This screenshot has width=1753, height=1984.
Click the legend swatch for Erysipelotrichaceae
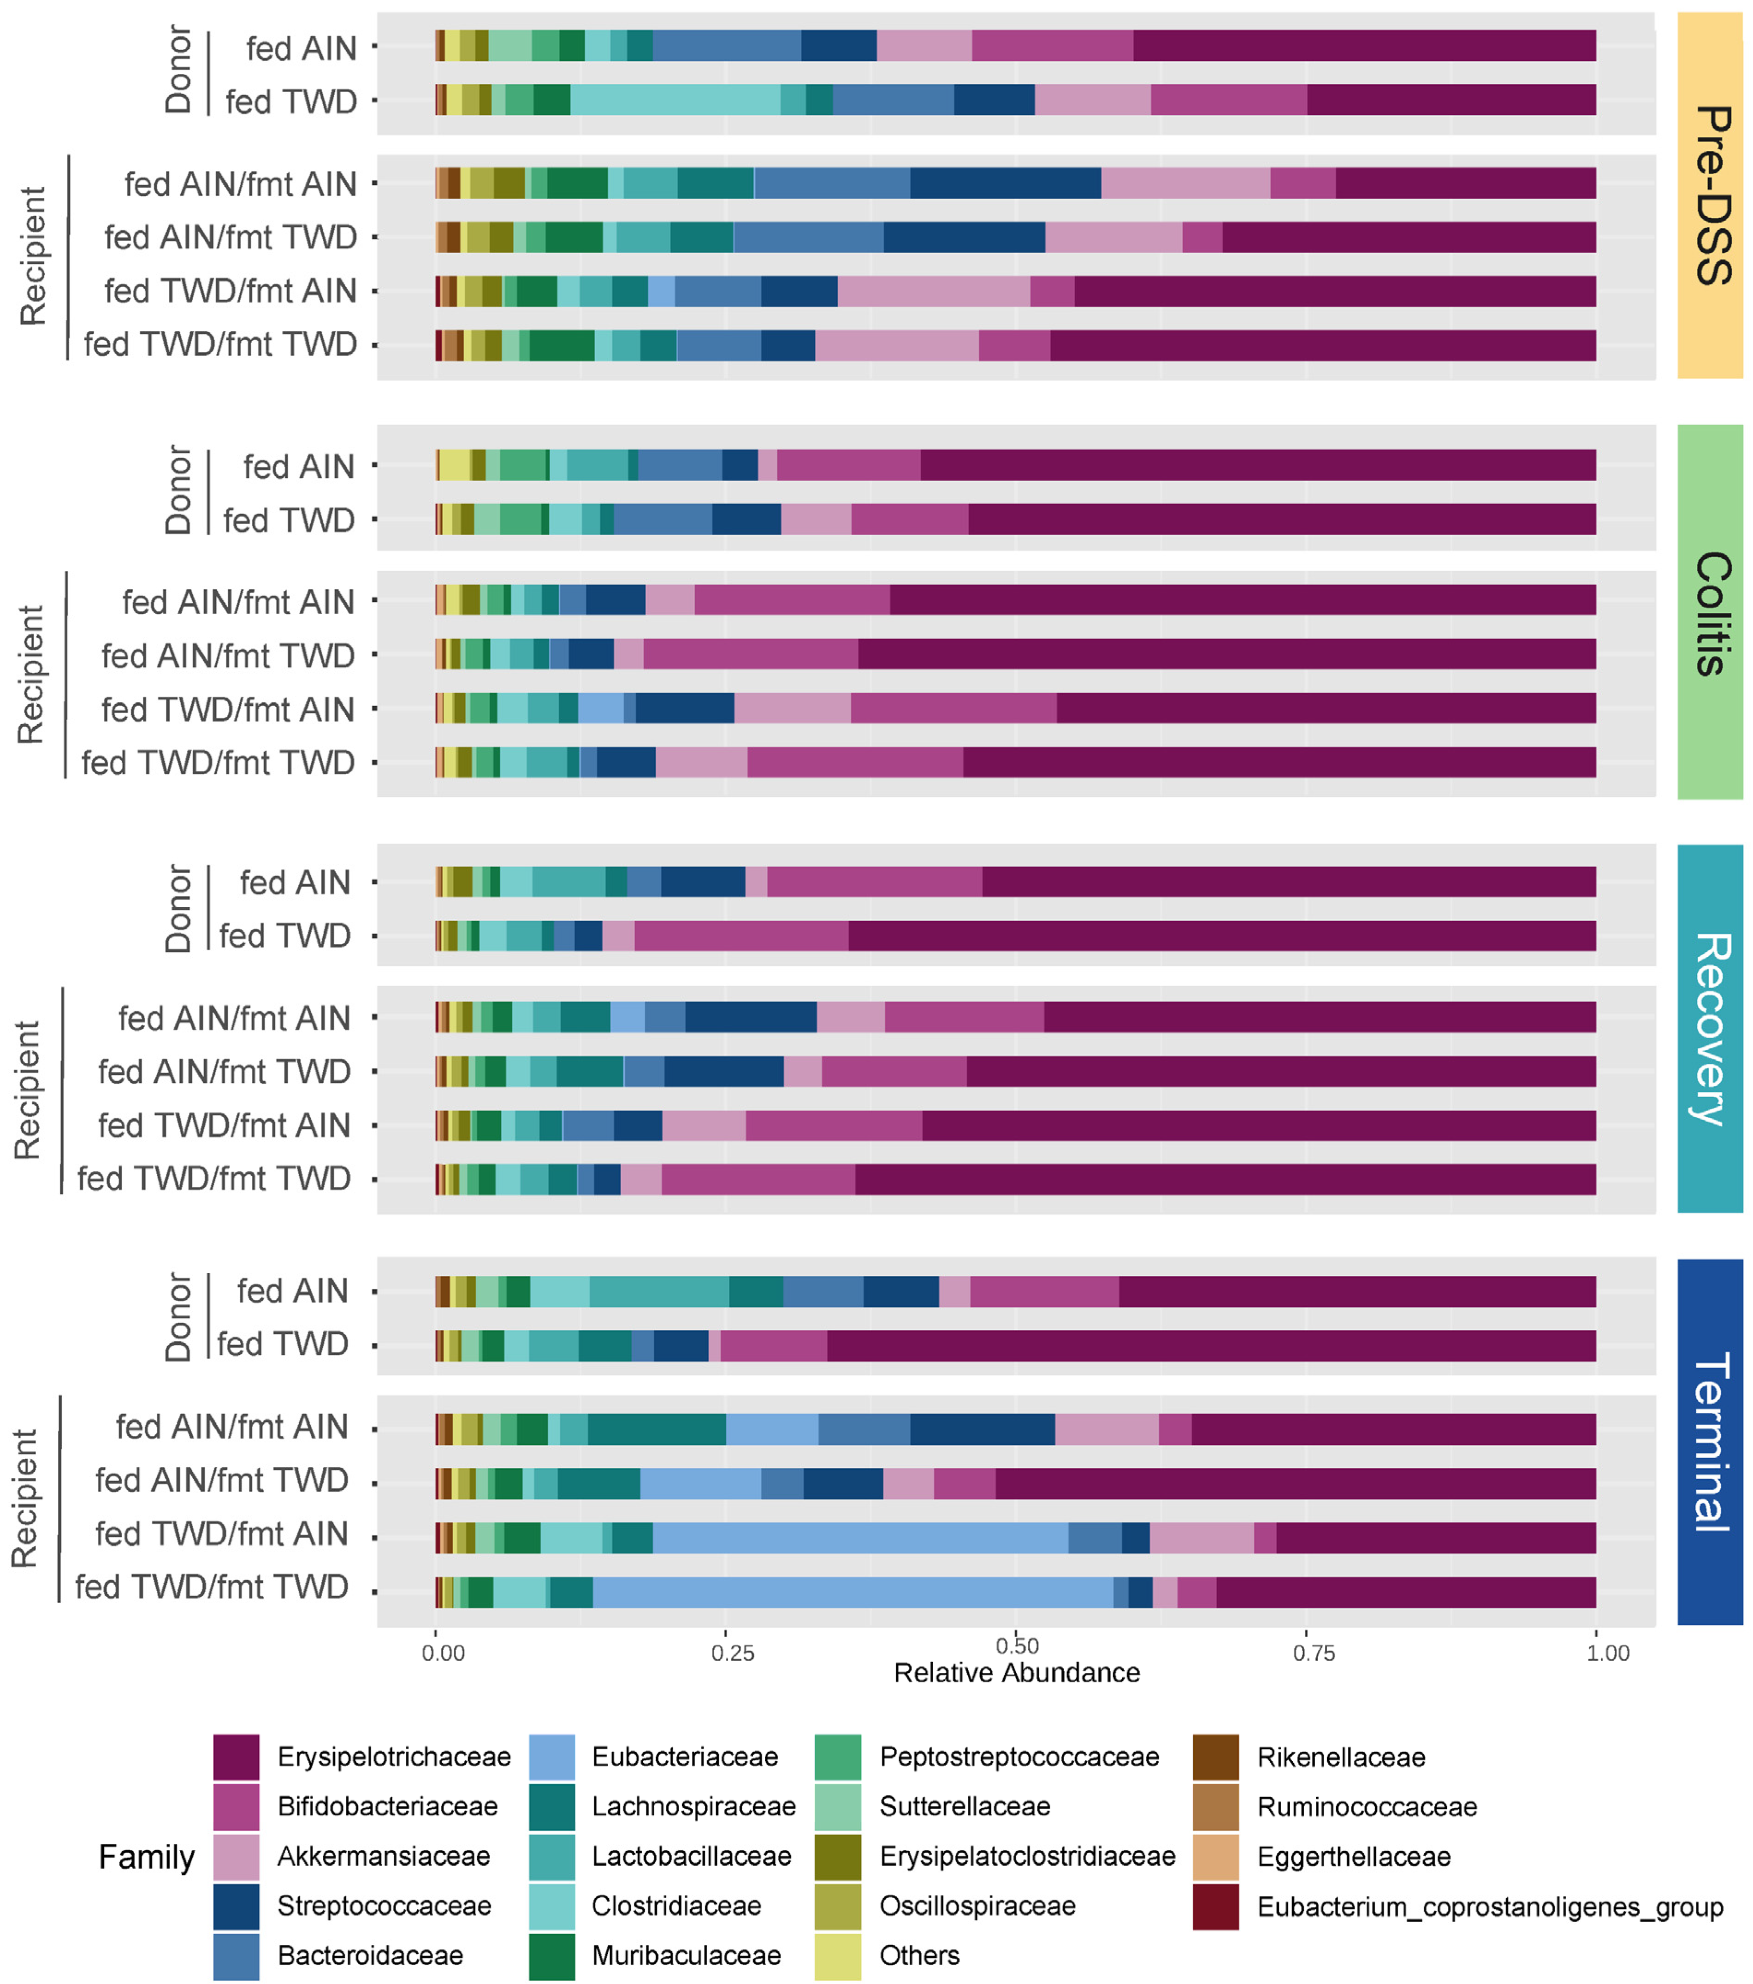point(236,1757)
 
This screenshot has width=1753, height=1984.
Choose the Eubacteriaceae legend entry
point(684,1757)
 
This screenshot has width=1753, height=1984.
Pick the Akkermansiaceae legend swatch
point(236,1856)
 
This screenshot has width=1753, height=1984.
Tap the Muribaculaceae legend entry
point(685,1955)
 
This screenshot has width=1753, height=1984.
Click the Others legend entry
point(918,1955)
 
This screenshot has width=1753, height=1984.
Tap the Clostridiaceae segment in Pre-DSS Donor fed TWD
point(675,100)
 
